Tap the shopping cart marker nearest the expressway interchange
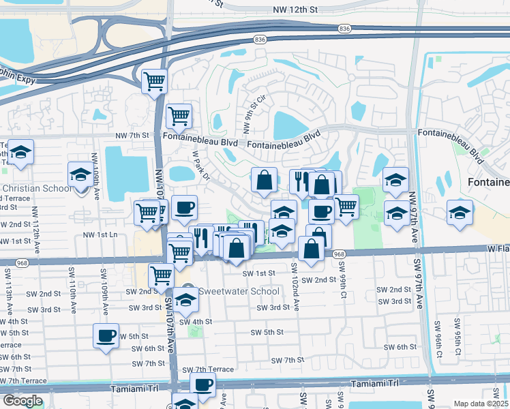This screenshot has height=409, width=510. pyautogui.click(x=155, y=80)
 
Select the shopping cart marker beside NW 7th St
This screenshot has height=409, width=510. pyautogui.click(x=179, y=115)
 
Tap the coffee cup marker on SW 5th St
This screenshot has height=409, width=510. pyautogui.click(x=106, y=335)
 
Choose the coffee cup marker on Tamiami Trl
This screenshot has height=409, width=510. pyautogui.click(x=202, y=384)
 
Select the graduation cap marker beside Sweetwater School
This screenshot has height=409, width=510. pyautogui.click(x=185, y=299)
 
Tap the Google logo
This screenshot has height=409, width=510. pyautogui.click(x=22, y=401)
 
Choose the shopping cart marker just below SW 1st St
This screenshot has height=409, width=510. pyautogui.click(x=162, y=275)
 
